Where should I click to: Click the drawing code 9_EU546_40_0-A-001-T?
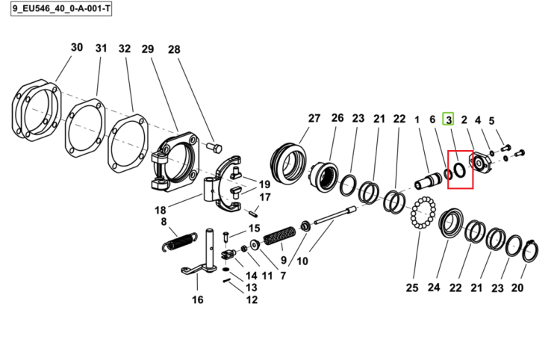click(61, 8)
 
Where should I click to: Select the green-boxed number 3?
click(449, 120)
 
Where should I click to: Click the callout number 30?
click(77, 47)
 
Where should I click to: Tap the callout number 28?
click(174, 49)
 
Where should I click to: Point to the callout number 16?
click(198, 300)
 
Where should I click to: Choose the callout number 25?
click(412, 287)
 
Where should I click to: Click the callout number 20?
click(517, 287)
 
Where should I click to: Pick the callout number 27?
click(314, 118)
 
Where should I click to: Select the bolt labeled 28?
click(214, 147)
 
